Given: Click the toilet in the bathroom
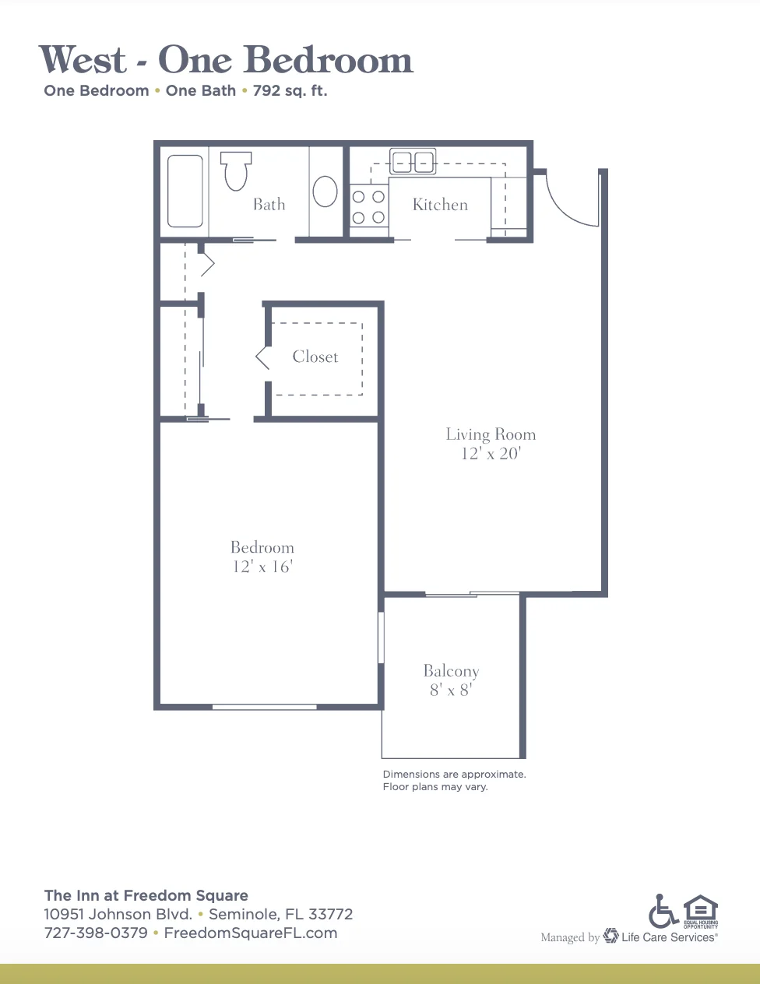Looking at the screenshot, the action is click(235, 171).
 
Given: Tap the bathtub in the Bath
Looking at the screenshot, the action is click(185, 191).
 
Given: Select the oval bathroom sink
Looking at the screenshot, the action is click(325, 192).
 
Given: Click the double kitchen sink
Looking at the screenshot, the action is click(413, 162).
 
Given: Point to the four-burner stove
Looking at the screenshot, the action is click(368, 207).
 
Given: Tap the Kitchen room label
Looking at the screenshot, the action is click(440, 205).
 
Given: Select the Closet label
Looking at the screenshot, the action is click(315, 357).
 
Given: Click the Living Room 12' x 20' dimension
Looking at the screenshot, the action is click(491, 454).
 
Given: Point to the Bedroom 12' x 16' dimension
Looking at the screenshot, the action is click(262, 567).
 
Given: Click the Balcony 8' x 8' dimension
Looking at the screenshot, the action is click(451, 690).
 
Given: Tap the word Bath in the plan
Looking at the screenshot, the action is click(269, 205).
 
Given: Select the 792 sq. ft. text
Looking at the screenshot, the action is click(290, 91).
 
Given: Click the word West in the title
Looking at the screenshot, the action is click(83, 59).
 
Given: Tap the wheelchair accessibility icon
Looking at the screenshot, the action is click(663, 911).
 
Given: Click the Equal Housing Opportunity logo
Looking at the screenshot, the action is click(701, 912).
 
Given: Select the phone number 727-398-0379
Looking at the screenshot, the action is click(96, 933).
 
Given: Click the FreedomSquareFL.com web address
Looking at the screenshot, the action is click(251, 933).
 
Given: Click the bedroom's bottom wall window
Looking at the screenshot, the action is click(265, 707).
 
